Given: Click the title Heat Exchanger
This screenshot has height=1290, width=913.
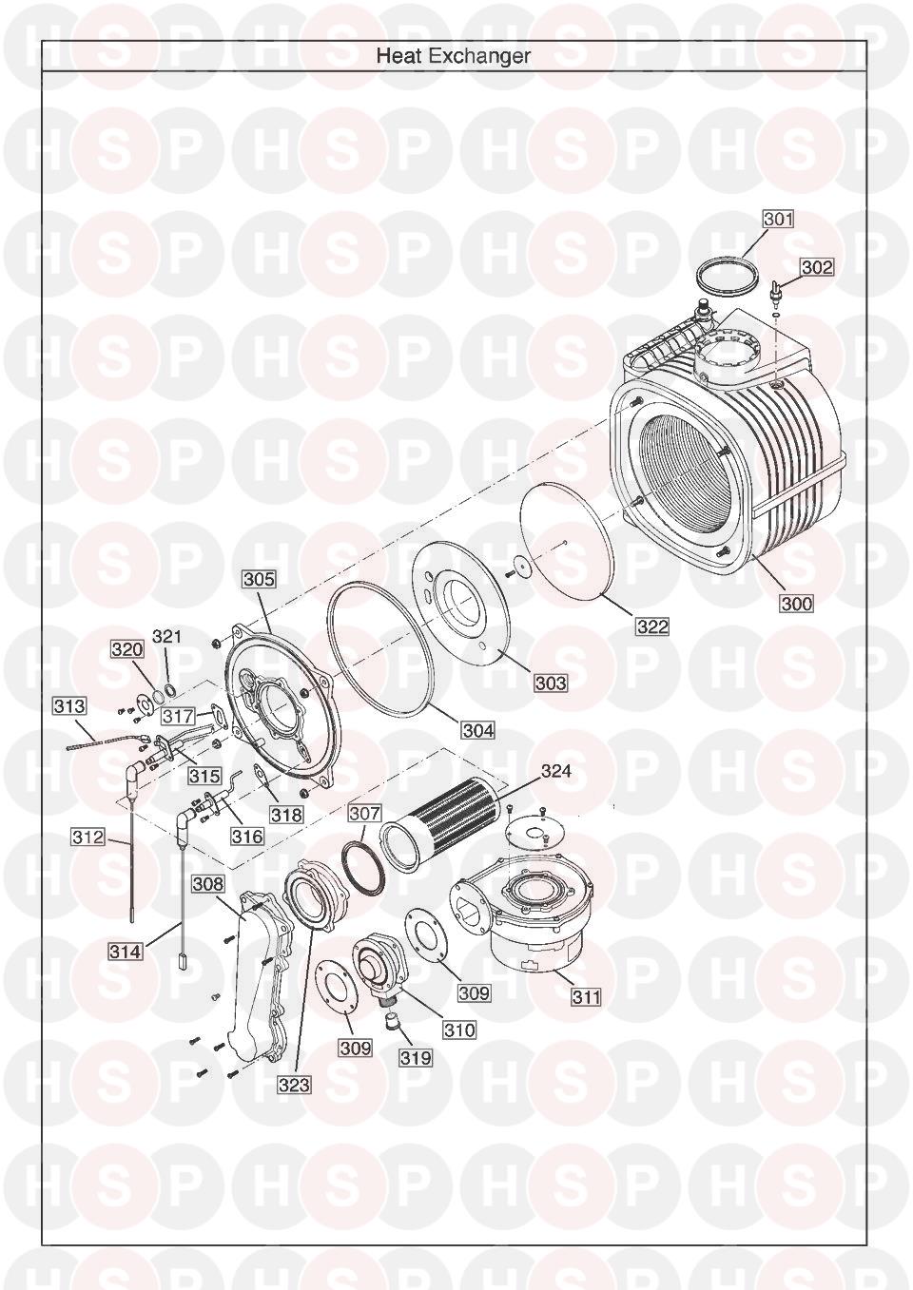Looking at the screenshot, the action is tap(453, 56).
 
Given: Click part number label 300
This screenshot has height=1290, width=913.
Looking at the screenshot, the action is tap(797, 604).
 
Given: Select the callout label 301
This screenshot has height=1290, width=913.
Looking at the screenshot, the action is tap(778, 220).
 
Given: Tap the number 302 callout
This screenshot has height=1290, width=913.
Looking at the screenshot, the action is tap(817, 267).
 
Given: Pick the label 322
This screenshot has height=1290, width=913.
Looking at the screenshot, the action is tap(652, 626).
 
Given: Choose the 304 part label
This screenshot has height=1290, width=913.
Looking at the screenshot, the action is tap(478, 730).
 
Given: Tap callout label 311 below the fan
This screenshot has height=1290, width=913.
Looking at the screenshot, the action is tap(584, 996).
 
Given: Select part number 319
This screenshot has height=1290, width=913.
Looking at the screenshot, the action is tap(416, 1057).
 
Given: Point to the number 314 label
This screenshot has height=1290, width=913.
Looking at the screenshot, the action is tap(126, 952).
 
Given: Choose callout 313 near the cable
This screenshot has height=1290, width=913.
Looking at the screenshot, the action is tap(69, 705).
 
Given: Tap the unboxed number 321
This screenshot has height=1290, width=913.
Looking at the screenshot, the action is tap(165, 636).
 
